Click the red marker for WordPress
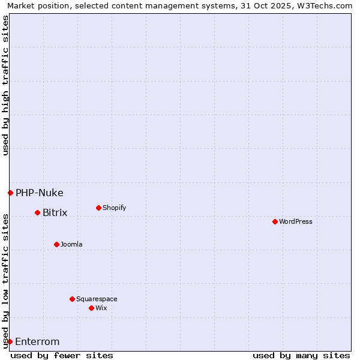275,221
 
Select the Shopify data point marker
98,208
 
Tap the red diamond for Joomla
56,244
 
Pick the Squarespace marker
72,299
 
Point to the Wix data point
91,308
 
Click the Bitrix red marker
37,212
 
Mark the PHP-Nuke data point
10,193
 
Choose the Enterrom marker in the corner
10,341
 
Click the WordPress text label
296,221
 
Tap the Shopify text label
115,208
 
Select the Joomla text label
71,244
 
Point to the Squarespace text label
97,299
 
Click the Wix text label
101,308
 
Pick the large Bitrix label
55,212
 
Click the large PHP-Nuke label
39,193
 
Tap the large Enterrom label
37,341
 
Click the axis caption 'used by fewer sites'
62,355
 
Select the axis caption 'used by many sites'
301,355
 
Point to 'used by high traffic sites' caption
5,85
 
